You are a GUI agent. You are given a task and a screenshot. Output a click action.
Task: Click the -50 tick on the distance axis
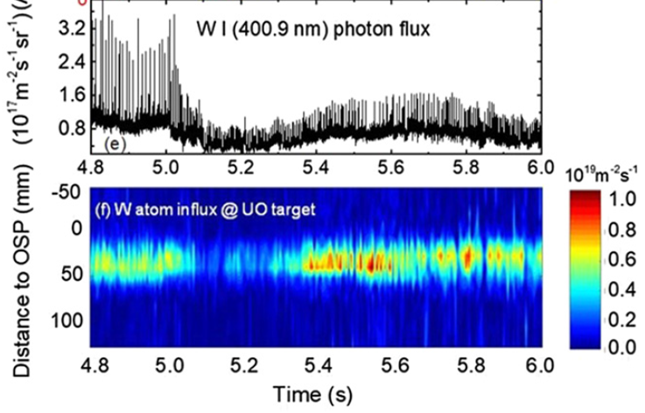coord(67,192)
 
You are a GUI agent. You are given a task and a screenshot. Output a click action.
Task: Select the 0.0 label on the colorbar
coord(617,347)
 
